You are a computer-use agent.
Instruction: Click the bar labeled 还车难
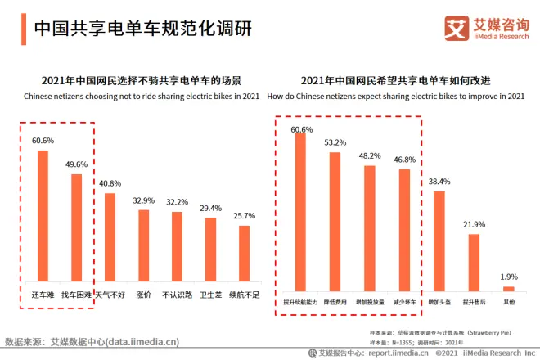(42, 215)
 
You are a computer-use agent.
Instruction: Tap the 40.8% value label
(110, 184)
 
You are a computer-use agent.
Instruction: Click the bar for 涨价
(143, 245)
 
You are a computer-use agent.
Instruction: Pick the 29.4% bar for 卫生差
(210, 249)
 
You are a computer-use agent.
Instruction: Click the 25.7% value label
(244, 216)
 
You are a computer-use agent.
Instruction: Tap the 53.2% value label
(335, 142)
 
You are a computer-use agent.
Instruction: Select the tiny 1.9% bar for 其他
(508, 288)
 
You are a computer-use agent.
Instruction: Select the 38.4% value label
(439, 181)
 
